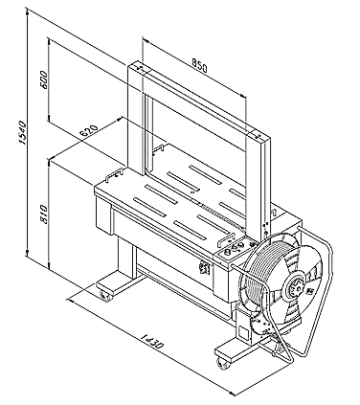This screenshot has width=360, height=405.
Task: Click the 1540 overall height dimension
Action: (x=23, y=133)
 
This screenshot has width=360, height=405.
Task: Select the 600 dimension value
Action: (x=44, y=79)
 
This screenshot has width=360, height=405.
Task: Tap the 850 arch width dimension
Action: (x=199, y=65)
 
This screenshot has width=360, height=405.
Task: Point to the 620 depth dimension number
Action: (x=88, y=131)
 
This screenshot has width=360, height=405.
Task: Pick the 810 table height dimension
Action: (x=44, y=214)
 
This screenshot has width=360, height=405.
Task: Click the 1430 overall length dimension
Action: (x=152, y=341)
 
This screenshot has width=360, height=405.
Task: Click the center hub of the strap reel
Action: (x=296, y=285)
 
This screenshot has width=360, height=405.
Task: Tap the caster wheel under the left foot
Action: (x=105, y=296)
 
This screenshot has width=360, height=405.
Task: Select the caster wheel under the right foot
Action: (x=222, y=363)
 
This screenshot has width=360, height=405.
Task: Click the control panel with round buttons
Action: (x=233, y=250)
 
